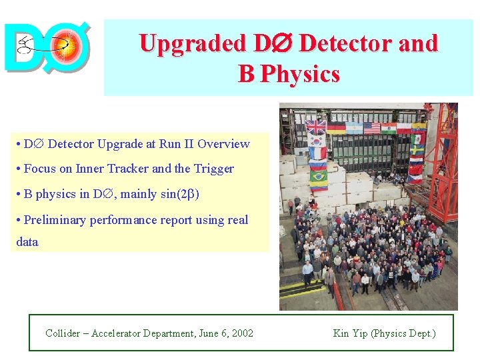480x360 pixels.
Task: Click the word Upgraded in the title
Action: (192, 44)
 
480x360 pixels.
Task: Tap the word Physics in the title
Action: (299, 74)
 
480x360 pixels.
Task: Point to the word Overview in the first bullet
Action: (223, 144)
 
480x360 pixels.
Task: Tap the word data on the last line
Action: (27, 242)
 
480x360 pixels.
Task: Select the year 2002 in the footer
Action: (242, 333)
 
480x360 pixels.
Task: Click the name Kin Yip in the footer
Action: (351, 333)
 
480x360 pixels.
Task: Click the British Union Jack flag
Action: (316, 126)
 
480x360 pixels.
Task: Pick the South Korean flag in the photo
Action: (316, 141)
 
